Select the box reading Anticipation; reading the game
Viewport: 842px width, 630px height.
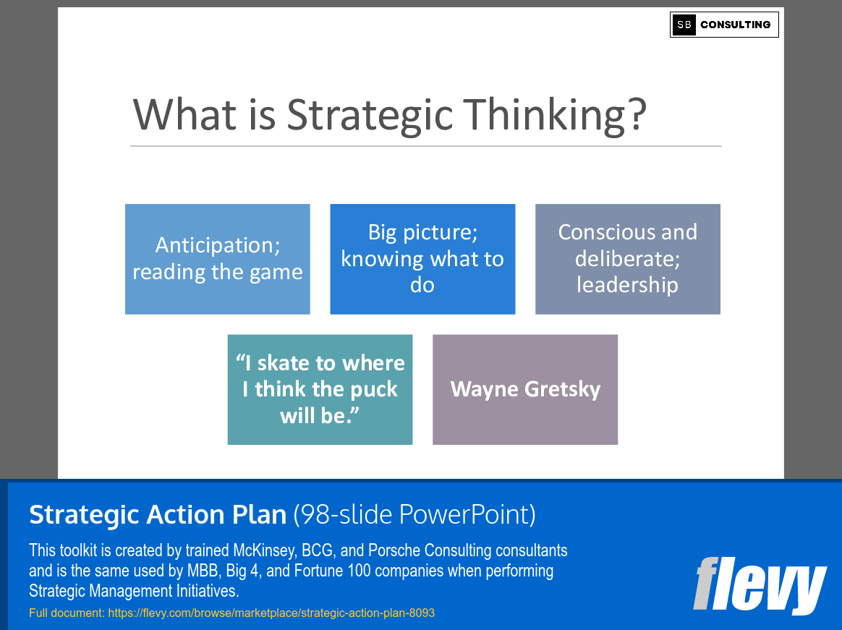[x=218, y=259]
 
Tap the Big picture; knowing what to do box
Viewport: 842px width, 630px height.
[x=422, y=259]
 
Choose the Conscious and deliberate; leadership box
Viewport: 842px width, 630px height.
[x=628, y=259]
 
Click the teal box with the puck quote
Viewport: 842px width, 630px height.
[x=320, y=389]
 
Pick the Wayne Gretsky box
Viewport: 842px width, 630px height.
[x=525, y=389]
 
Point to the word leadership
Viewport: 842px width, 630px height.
[x=628, y=285]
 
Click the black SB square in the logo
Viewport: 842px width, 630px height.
[x=684, y=25]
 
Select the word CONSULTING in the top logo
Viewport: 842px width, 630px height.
[x=735, y=25]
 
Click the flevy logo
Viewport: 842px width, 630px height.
[x=759, y=584]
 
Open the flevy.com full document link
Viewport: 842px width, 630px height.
[x=271, y=613]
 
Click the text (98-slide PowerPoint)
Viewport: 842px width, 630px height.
[x=414, y=515]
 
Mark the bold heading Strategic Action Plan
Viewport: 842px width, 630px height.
[x=158, y=515]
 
